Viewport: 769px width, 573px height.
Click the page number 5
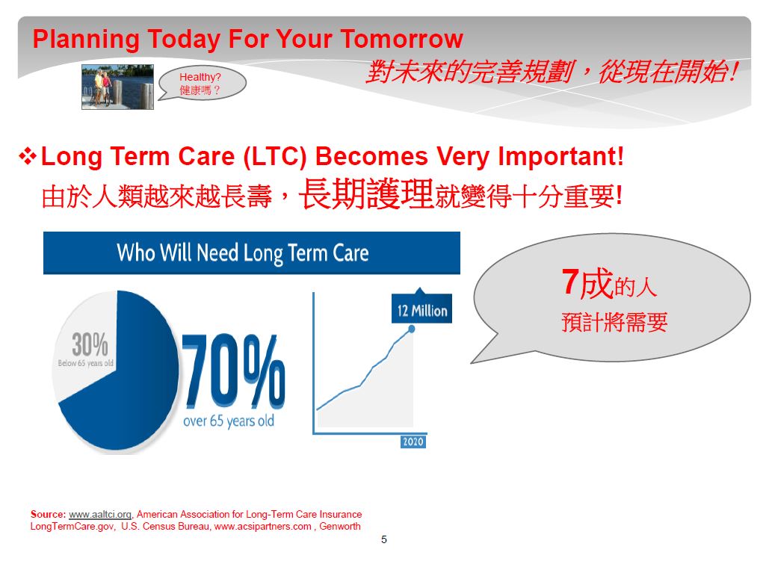384,539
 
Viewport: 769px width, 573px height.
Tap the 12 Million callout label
421,309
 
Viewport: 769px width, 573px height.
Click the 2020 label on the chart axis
413,442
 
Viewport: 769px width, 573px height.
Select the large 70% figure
233,371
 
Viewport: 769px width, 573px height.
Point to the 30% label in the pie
90,344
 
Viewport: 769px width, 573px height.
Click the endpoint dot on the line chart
412,329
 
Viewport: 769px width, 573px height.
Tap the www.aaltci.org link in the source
100,514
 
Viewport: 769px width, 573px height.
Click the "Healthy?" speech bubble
202,84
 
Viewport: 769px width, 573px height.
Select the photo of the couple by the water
118,87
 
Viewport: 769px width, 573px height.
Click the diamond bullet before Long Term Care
28,156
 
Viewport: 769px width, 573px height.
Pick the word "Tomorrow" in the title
401,39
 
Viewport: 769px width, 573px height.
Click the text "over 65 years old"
229,421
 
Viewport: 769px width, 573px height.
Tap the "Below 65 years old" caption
86,363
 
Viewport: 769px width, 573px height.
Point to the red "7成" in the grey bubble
587,283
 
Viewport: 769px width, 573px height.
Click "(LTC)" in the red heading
275,157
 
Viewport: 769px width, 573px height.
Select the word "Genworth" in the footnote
340,527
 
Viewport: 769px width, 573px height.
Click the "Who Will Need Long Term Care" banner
252,253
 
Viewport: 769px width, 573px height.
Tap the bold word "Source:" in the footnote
48,514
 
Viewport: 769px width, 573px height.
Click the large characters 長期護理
366,194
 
